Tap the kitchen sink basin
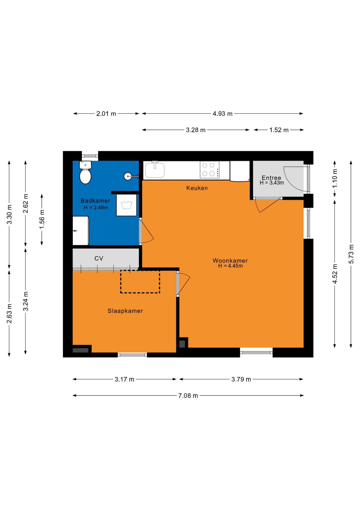pyautogui.click(x=155, y=170)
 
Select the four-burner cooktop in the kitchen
pyautogui.click(x=210, y=170)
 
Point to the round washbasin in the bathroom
pyautogui.click(x=128, y=176)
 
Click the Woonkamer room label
pyautogui.click(x=230, y=261)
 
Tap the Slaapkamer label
pyautogui.click(x=125, y=311)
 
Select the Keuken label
pyautogui.click(x=197, y=188)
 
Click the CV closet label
pyautogui.click(x=99, y=258)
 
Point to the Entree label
pyautogui.click(x=271, y=178)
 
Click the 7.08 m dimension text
pyautogui.click(x=188, y=396)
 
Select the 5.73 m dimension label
pyautogui.click(x=351, y=254)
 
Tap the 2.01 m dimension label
pyautogui.click(x=106, y=114)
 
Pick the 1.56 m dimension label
pyautogui.click(x=42, y=219)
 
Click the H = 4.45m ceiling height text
pyautogui.click(x=230, y=266)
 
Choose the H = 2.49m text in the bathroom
pyautogui.click(x=96, y=208)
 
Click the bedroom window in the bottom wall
pyautogui.click(x=132, y=355)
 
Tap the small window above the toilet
pyautogui.click(x=90, y=156)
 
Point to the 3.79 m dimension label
pyautogui.click(x=241, y=379)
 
